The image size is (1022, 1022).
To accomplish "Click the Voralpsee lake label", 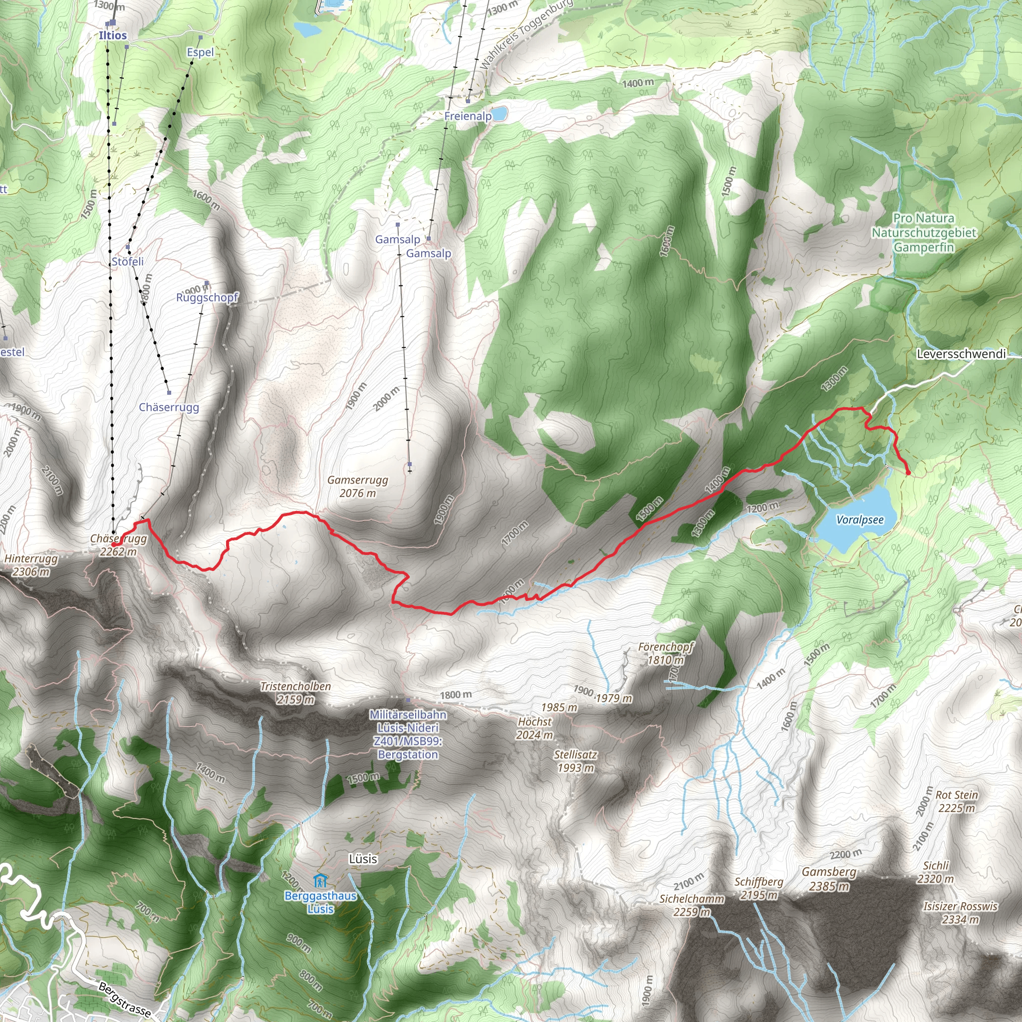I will [860, 519].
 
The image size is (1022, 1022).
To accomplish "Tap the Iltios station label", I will [113, 35].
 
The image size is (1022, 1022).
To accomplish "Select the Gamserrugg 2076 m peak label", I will [358, 487].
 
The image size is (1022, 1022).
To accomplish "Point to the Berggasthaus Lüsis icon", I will [320, 881].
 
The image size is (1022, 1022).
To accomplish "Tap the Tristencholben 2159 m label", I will [296, 693].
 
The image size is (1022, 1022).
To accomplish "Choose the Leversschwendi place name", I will [961, 354].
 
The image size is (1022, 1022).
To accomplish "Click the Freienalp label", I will [468, 116].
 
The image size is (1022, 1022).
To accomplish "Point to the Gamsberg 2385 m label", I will [829, 879].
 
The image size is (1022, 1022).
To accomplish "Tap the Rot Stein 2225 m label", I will [957, 801].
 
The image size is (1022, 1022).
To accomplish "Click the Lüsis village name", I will [363, 858].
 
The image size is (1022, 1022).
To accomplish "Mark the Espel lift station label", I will [201, 52].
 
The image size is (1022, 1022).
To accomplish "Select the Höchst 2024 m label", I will [535, 728].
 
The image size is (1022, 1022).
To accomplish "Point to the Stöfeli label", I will [127, 261].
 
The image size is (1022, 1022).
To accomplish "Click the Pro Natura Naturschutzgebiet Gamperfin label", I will [924, 233].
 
